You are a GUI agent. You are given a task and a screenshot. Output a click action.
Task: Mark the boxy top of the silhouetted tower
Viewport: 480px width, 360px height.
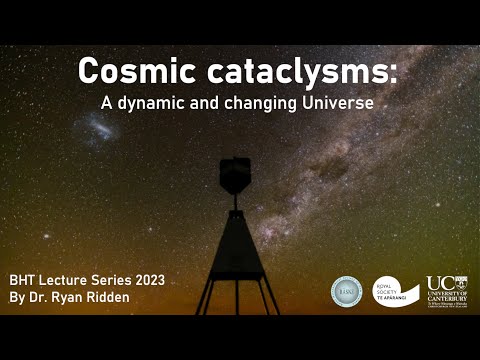click(235, 174)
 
